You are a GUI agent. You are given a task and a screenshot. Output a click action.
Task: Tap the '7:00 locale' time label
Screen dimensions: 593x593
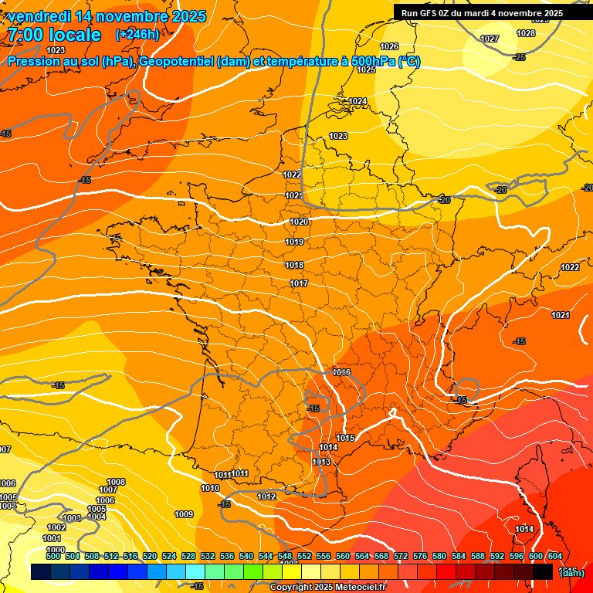(56, 35)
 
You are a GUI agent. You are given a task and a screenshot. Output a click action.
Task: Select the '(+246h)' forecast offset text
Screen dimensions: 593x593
(137, 35)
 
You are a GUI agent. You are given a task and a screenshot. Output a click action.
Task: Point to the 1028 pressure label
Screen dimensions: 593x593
(525, 33)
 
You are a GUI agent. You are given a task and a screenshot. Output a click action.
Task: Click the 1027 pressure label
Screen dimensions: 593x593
(490, 39)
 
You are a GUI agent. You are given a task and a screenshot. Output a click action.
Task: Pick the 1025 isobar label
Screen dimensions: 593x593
(366, 70)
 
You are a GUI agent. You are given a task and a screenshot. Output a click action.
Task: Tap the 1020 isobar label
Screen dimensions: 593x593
(299, 222)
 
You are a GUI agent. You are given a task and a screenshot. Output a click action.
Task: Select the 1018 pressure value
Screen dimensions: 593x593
(294, 266)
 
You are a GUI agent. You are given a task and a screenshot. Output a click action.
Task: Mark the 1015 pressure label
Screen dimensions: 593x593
(345, 439)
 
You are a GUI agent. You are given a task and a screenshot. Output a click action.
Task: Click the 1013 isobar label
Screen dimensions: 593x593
(322, 463)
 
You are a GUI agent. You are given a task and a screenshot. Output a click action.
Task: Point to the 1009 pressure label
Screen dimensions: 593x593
(184, 514)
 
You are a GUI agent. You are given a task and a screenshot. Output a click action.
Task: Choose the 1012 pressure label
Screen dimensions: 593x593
(266, 496)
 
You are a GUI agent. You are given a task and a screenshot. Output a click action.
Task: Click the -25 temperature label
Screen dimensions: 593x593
(519, 57)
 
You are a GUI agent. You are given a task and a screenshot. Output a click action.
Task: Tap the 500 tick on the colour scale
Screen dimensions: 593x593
(53, 556)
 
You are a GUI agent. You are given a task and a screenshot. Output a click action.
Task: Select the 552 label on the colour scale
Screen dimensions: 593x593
(305, 556)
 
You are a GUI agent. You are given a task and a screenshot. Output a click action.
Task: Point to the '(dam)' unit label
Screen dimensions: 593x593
(571, 572)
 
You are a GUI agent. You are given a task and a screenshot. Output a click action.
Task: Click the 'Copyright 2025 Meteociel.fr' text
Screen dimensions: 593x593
(327, 587)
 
